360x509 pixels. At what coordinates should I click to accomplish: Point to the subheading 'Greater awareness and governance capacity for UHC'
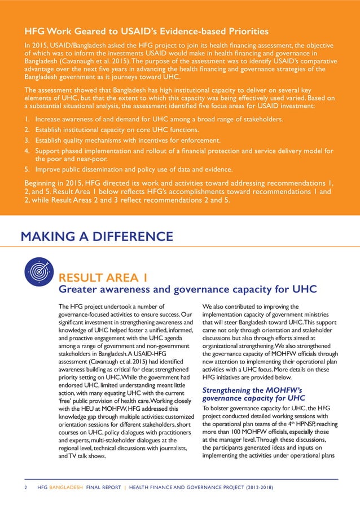coord(188,289)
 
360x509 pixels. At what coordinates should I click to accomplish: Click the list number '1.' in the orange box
coord(27,120)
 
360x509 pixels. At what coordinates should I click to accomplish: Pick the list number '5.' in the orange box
coord(27,169)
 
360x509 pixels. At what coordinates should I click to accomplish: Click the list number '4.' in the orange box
coord(27,151)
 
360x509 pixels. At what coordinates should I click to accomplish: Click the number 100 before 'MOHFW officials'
coord(233,432)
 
